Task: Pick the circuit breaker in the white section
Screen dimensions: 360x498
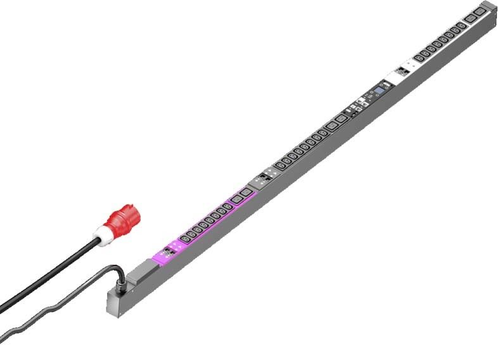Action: click(403, 70)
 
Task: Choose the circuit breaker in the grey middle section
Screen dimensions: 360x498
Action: click(264, 178)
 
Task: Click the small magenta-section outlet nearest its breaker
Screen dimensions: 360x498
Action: click(186, 239)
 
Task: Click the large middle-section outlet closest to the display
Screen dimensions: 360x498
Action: click(342, 118)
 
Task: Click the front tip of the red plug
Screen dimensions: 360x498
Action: click(135, 210)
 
